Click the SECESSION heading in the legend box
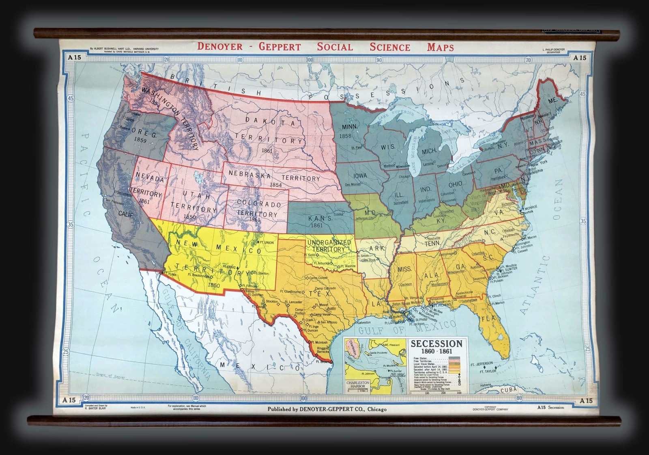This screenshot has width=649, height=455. [x=436, y=343]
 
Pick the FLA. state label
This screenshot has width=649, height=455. [x=488, y=318]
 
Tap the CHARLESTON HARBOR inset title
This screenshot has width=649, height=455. [x=358, y=384]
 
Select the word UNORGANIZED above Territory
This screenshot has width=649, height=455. [x=329, y=243]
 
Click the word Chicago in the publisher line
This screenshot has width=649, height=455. [x=377, y=409]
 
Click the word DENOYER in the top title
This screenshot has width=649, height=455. [x=219, y=46]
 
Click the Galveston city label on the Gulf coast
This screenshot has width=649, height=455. [x=363, y=322]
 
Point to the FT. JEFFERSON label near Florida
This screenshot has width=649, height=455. [x=481, y=363]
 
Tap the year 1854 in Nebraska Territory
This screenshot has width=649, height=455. [x=276, y=185]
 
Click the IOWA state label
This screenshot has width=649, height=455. [x=360, y=175]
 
